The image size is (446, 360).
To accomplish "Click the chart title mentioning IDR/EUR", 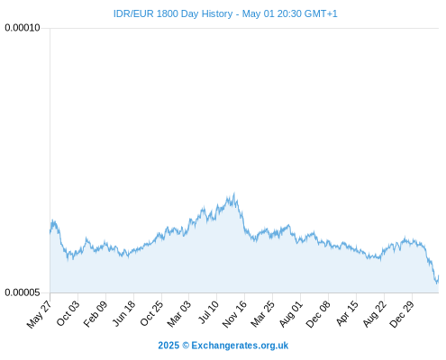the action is click(x=225, y=13).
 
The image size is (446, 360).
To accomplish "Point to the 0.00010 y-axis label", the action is click(x=23, y=28).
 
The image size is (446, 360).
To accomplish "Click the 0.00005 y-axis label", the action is click(x=23, y=292).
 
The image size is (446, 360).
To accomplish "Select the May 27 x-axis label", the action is click(x=40, y=314).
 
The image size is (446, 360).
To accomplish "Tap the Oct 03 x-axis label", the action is click(x=68, y=313).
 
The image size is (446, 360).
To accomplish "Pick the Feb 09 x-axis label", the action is click(x=96, y=313).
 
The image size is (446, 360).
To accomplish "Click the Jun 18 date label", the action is click(x=123, y=313).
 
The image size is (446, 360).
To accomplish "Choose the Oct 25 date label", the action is click(x=151, y=313).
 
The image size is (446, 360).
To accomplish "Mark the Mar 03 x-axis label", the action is click(x=179, y=313).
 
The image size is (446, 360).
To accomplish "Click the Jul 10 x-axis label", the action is click(x=208, y=312).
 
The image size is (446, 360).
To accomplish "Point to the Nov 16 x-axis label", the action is click(x=234, y=314).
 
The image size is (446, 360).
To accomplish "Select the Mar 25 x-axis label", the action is click(x=262, y=313).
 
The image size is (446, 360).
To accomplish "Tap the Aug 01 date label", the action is click(x=290, y=313).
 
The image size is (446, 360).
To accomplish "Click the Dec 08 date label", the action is click(x=318, y=314).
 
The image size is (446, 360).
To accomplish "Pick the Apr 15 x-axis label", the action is click(x=347, y=313).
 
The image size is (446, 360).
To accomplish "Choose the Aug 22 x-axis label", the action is click(x=374, y=313).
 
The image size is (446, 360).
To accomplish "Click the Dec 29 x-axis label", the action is click(x=401, y=314).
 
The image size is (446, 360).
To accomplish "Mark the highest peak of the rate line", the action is click(x=234, y=193).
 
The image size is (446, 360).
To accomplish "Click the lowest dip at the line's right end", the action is click(x=437, y=283).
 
